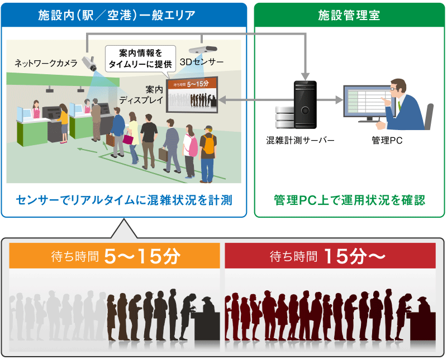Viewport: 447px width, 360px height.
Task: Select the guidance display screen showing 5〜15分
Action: [192, 95]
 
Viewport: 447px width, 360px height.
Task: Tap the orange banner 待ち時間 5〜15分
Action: [115, 257]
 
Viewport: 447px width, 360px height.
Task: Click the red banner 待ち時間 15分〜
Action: [330, 257]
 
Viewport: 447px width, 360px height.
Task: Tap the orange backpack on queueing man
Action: [209, 145]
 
